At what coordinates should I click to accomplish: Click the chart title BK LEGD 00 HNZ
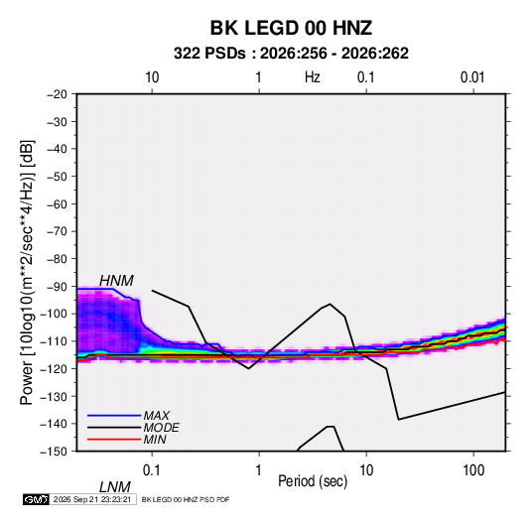pyautogui.click(x=291, y=28)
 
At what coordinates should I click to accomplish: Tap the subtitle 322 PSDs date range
pyautogui.click(x=291, y=54)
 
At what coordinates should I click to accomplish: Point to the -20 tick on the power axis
pyautogui.click(x=57, y=94)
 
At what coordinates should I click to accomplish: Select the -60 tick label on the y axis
pyautogui.click(x=57, y=204)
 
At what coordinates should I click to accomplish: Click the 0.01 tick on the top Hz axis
pyautogui.click(x=472, y=77)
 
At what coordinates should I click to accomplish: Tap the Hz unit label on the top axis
pyautogui.click(x=313, y=77)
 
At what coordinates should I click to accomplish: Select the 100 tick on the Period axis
pyautogui.click(x=473, y=470)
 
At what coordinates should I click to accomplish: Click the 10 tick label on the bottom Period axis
pyautogui.click(x=366, y=470)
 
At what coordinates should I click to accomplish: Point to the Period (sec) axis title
pyautogui.click(x=313, y=481)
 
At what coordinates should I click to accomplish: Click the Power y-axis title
pyautogui.click(x=27, y=272)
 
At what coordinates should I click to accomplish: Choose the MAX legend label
pyautogui.click(x=157, y=416)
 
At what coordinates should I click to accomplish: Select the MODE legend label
pyautogui.click(x=161, y=428)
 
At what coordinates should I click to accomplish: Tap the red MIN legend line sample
pyautogui.click(x=114, y=440)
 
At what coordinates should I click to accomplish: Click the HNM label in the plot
pyautogui.click(x=116, y=281)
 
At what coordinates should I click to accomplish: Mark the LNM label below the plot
pyautogui.click(x=115, y=487)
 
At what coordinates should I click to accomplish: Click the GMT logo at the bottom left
pyautogui.click(x=36, y=499)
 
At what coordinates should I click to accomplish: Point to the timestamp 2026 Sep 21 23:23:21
pyautogui.click(x=92, y=499)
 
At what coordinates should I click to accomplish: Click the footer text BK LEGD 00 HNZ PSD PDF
pyautogui.click(x=186, y=499)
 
